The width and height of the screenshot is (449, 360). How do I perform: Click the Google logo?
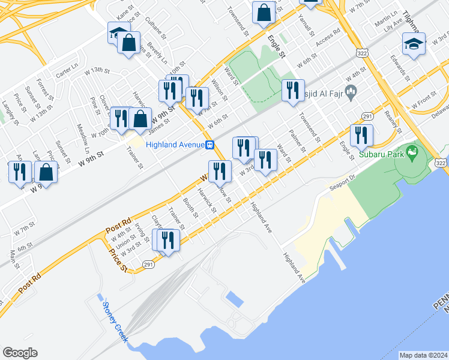[20, 353]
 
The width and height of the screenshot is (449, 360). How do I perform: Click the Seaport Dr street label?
[342, 181]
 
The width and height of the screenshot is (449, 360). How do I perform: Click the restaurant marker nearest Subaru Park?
[361, 136]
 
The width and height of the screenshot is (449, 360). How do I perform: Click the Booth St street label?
[190, 208]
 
